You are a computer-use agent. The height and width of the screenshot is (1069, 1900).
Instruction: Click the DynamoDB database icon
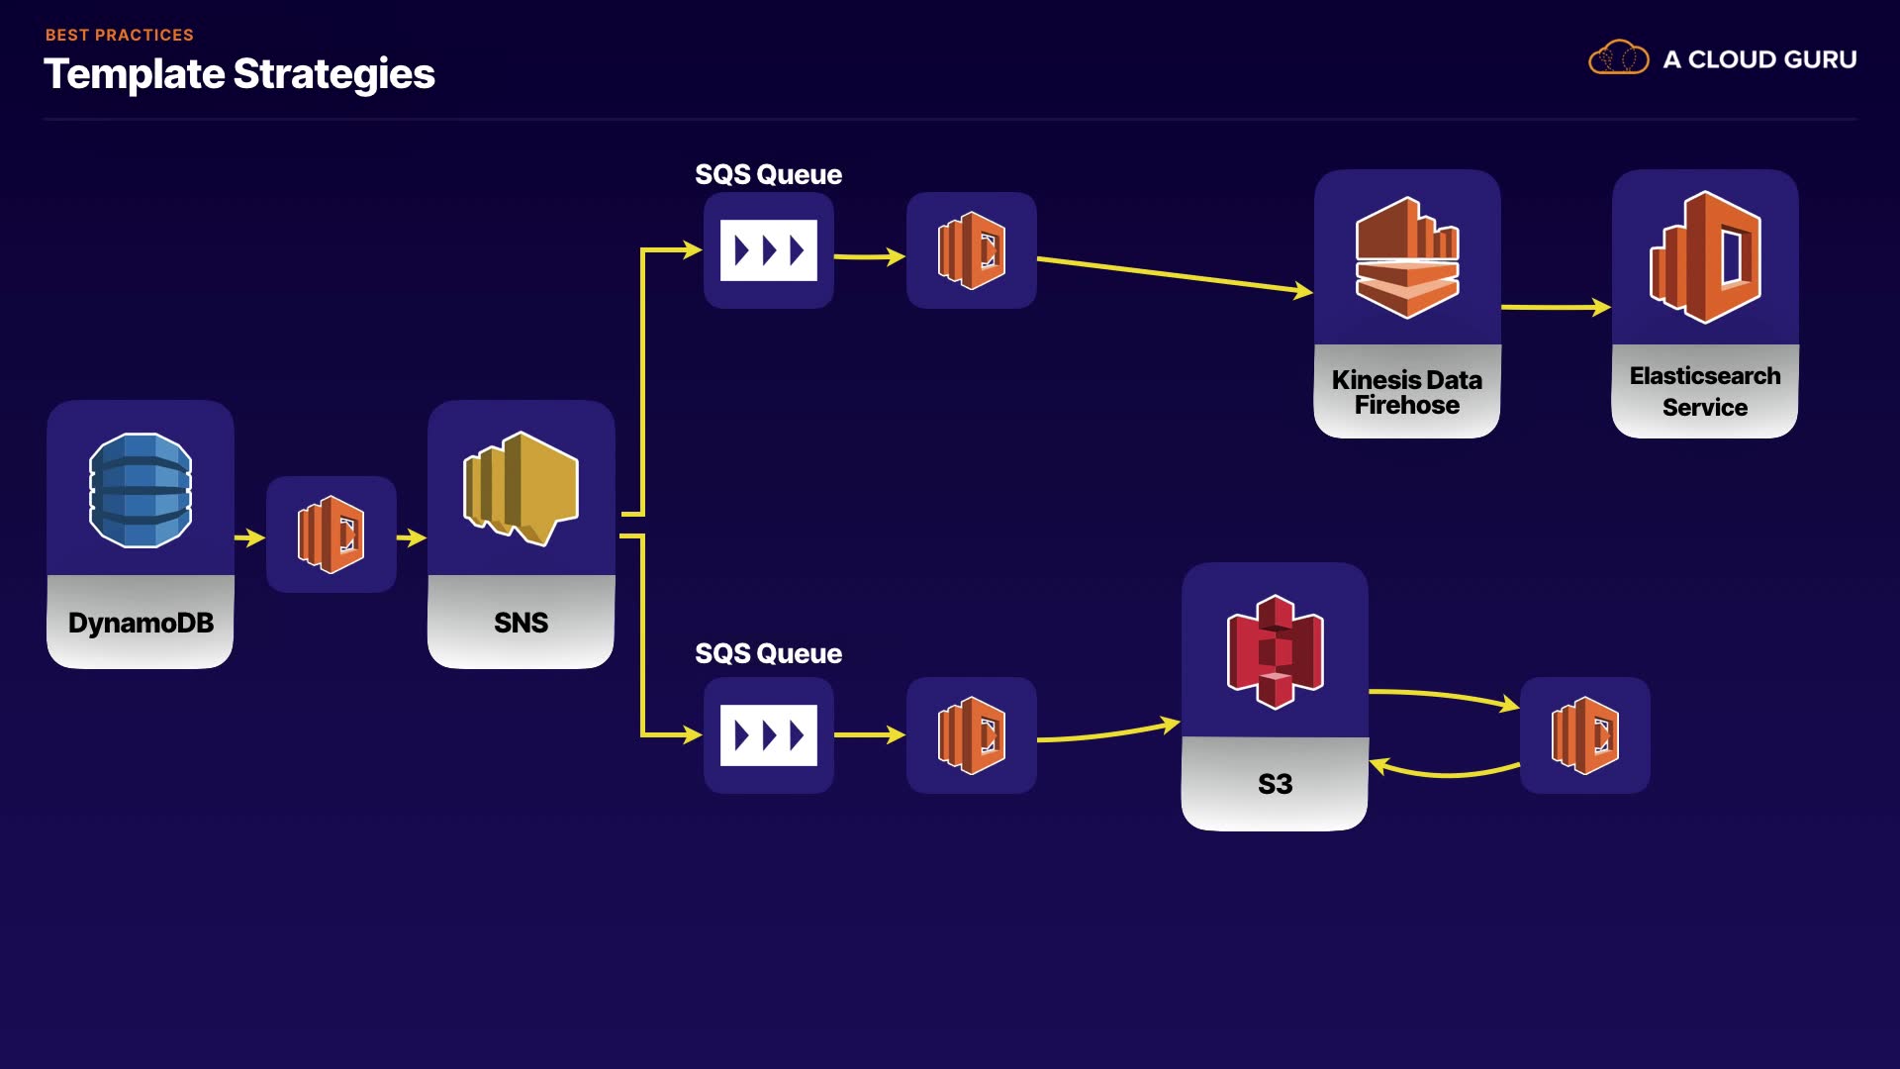pos(141,490)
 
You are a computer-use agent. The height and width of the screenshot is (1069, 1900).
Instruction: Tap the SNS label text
pos(521,623)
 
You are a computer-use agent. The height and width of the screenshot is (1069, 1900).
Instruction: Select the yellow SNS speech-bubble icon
pos(521,488)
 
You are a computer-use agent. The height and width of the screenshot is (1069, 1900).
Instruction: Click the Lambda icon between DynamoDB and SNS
pos(332,534)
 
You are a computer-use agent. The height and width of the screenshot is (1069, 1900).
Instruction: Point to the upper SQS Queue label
pos(768,174)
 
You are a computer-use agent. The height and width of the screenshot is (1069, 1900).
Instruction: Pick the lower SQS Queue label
pos(768,653)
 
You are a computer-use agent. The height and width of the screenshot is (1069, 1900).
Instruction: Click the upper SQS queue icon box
pos(769,250)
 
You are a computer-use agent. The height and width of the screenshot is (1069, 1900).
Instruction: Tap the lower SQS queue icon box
pos(769,735)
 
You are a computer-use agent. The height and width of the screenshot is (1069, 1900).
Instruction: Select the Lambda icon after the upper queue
pos(972,250)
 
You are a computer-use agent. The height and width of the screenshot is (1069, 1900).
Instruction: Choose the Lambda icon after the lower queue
pos(972,735)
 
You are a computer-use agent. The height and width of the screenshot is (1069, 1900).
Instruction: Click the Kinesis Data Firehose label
pos(1406,392)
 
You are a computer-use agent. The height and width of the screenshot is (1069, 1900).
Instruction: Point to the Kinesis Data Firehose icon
pos(1406,258)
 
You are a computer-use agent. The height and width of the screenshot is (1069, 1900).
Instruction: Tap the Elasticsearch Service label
pos(1704,391)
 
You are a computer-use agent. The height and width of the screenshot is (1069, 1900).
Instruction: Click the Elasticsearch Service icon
pos(1704,257)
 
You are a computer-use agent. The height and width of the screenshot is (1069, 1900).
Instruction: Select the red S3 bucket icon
pos(1275,651)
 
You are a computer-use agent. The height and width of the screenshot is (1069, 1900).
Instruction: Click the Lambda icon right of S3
pos(1584,735)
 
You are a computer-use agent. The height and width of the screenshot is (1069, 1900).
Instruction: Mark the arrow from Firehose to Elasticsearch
pos(1556,308)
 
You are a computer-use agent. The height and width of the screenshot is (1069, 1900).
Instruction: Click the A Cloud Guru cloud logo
pos(1618,58)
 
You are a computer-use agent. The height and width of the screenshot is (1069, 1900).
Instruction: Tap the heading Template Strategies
pos(239,74)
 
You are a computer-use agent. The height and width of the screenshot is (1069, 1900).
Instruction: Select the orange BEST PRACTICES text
pos(119,35)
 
